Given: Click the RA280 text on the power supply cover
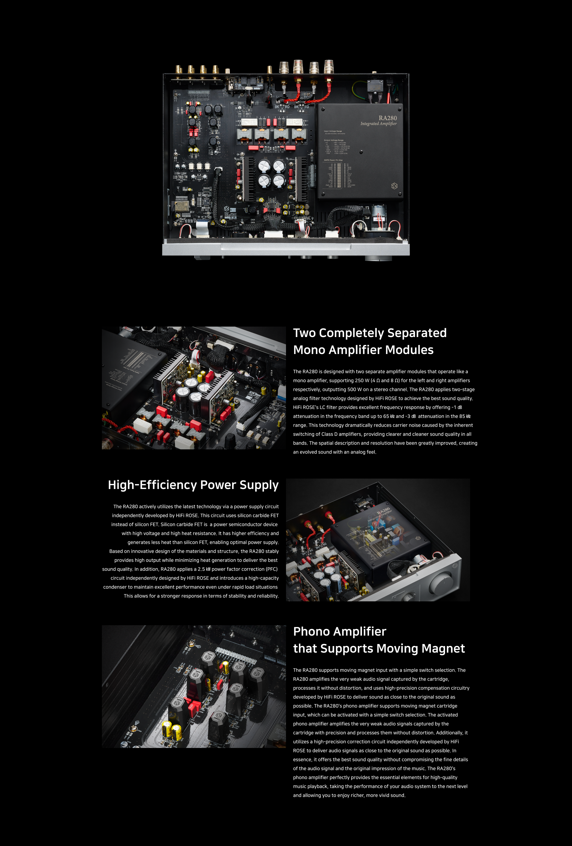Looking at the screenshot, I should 388,118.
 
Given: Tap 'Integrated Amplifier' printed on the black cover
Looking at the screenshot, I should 378,124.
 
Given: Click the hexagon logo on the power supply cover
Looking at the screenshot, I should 394,186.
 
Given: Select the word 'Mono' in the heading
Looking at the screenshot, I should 309,350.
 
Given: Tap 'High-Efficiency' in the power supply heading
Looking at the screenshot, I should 153,485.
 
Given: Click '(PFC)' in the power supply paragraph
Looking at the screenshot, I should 271,569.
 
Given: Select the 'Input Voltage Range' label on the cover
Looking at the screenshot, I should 333,131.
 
